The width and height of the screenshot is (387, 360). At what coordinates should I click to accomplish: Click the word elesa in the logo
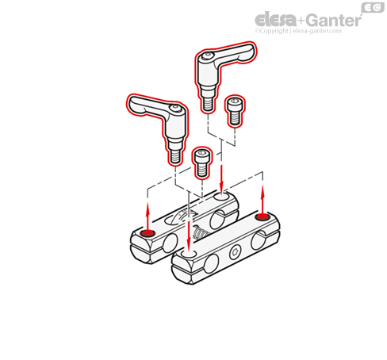276,20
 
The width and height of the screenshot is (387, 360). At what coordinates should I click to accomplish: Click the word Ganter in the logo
334,20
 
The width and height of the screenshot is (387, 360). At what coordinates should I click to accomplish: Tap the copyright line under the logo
298,31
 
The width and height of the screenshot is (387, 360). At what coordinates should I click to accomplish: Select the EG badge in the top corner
373,8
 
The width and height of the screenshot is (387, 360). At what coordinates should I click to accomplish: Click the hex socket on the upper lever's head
208,56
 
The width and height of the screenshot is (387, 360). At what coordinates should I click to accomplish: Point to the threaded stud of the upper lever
208,104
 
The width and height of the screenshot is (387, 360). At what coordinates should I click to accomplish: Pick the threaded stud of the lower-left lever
175,157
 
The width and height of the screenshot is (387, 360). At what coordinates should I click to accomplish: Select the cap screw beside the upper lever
235,111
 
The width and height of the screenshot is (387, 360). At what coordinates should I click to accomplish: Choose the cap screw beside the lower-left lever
202,163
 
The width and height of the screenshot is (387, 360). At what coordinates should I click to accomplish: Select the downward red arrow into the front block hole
189,235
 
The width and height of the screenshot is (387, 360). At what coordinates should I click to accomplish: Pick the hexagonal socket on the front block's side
234,253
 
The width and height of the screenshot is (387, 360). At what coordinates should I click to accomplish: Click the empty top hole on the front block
188,254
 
